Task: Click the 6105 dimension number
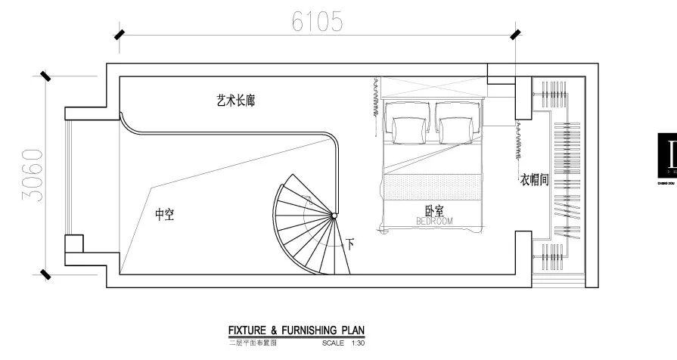pos(317,22)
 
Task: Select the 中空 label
pos(165,215)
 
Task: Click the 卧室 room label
pos(433,211)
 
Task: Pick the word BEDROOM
pos(434,221)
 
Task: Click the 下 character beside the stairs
pos(350,244)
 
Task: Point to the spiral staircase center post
pos(334,217)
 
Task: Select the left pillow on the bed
pos(408,129)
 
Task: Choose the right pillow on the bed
pos(456,129)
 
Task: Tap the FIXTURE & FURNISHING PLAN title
pos(297,331)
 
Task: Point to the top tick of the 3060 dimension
pos(45,76)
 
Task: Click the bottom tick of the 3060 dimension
pos(45,273)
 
